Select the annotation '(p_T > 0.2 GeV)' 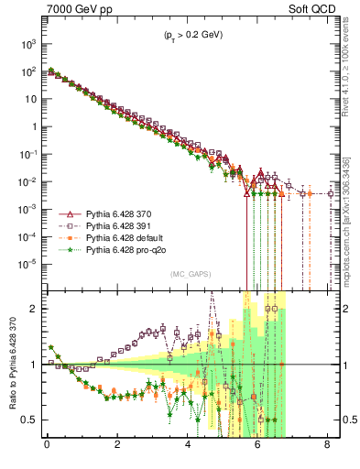pos(191,37)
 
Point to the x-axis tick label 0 pos(48,450)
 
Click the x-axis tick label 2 pos(118,450)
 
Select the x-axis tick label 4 pos(189,450)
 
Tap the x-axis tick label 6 pos(259,450)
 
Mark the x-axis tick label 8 pos(330,450)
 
